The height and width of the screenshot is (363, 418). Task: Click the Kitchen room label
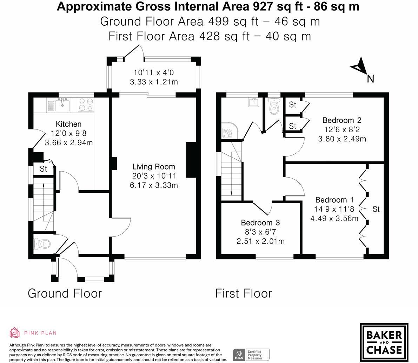[68, 124]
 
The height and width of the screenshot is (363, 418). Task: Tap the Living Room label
[154, 167]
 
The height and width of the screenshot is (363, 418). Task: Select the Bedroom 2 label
[342, 120]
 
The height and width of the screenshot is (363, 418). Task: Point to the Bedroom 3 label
[260, 223]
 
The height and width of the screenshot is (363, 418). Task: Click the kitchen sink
[62, 104]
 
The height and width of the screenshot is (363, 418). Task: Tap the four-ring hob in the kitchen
[86, 105]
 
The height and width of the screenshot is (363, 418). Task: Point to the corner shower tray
[230, 130]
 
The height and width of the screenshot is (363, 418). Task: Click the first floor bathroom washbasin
[253, 102]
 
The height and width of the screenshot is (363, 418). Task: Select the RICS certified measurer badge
[251, 355]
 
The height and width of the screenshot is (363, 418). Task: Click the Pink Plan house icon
[14, 332]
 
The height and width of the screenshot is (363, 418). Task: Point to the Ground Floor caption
[65, 293]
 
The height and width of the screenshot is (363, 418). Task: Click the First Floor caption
[244, 293]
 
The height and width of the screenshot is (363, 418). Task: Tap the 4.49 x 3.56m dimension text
[334, 218]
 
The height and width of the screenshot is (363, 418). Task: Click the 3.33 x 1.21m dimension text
[154, 82]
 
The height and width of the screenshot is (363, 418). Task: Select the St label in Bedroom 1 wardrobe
[376, 209]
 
